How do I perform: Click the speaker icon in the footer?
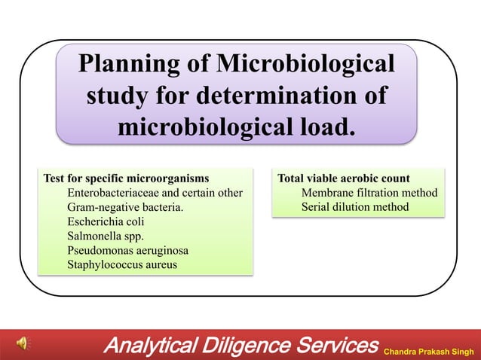click(x=26, y=345)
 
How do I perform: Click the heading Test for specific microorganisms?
click(x=126, y=178)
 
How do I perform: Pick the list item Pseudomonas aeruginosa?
click(x=127, y=250)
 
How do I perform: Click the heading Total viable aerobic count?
click(x=344, y=178)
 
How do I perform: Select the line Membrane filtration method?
click(x=369, y=193)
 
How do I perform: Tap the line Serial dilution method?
click(x=354, y=207)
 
